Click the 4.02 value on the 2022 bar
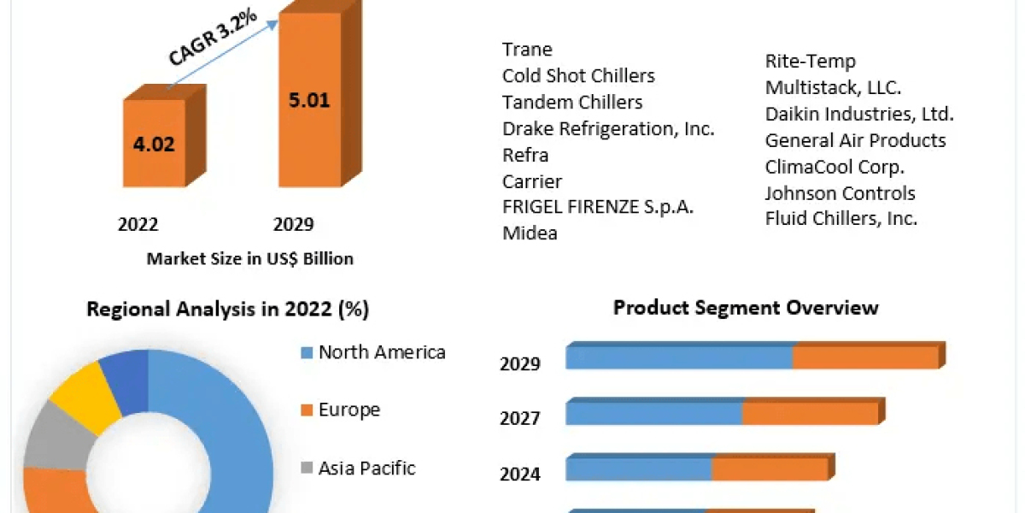click(154, 144)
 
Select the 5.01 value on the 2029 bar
click(308, 100)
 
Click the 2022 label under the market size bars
click(138, 225)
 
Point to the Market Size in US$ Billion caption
click(249, 259)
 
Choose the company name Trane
click(527, 50)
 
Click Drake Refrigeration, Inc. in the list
click(608, 129)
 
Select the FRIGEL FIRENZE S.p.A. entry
click(598, 207)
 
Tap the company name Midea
click(530, 233)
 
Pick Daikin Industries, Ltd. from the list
click(859, 114)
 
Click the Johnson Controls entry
click(840, 193)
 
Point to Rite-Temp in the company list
click(810, 62)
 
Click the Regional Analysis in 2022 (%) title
click(227, 310)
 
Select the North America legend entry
click(382, 352)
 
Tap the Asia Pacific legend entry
click(366, 469)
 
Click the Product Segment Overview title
click(746, 308)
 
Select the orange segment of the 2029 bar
click(864, 357)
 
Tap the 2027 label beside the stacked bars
click(519, 418)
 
